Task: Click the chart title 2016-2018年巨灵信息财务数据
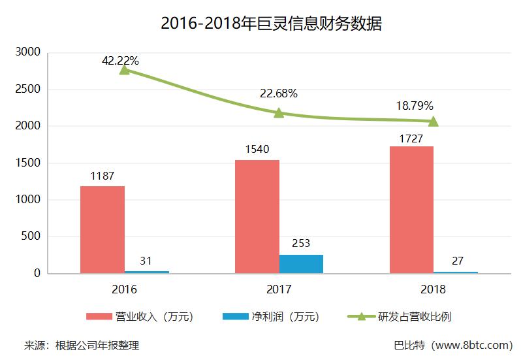(x=271, y=24)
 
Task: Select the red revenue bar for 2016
(x=103, y=229)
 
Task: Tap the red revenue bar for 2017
(x=257, y=216)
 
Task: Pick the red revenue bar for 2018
(x=411, y=209)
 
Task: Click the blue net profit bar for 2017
(x=301, y=264)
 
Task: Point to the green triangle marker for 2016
(x=124, y=69)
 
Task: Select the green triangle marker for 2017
(x=279, y=112)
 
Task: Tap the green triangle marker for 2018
(x=433, y=121)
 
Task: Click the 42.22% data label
(x=120, y=61)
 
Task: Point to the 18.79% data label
(x=415, y=105)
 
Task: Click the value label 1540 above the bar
(x=258, y=150)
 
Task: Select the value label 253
(x=301, y=244)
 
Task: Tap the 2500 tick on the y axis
(x=27, y=89)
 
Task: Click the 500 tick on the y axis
(x=31, y=237)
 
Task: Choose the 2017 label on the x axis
(x=279, y=289)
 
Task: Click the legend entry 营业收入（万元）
(x=140, y=317)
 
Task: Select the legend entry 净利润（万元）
(x=270, y=317)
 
